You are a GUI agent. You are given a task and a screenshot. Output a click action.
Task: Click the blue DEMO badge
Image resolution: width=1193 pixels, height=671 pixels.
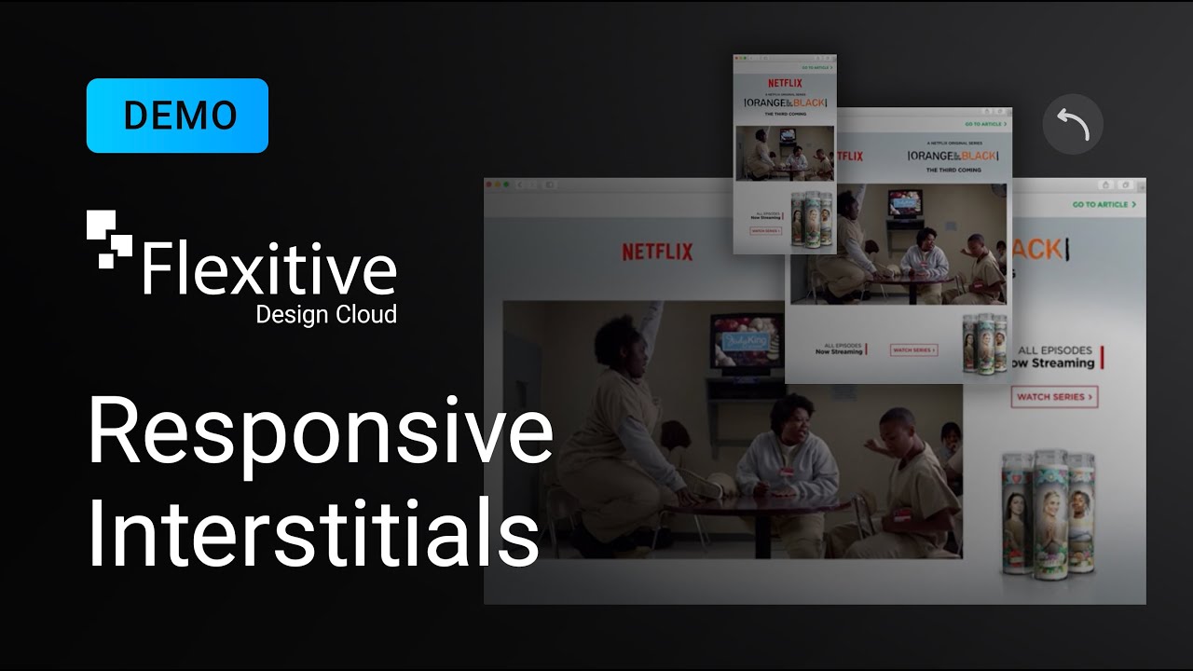(177, 116)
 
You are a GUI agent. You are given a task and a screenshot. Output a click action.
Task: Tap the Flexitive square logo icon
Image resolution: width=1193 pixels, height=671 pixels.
(109, 239)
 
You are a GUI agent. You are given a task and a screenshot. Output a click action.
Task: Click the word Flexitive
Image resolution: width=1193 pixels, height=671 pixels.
(269, 267)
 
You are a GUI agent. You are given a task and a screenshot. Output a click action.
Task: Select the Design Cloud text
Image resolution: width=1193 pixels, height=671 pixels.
(326, 314)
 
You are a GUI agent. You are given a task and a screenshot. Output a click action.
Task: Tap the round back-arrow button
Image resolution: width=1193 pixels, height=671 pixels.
(1073, 124)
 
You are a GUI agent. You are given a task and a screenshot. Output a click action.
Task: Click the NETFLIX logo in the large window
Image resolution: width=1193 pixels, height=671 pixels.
(657, 252)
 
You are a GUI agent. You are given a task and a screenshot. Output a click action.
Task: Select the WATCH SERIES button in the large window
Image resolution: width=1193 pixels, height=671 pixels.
(1053, 397)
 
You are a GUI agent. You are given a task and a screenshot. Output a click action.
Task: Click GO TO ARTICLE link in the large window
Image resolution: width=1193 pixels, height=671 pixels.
(1104, 204)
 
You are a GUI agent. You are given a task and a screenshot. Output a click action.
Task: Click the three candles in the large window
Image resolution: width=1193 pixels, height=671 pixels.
(1049, 513)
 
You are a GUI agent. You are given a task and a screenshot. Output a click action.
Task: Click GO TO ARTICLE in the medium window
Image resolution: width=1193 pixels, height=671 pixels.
(985, 124)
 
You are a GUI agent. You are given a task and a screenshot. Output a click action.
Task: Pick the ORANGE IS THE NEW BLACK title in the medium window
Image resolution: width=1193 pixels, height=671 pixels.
(952, 156)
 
